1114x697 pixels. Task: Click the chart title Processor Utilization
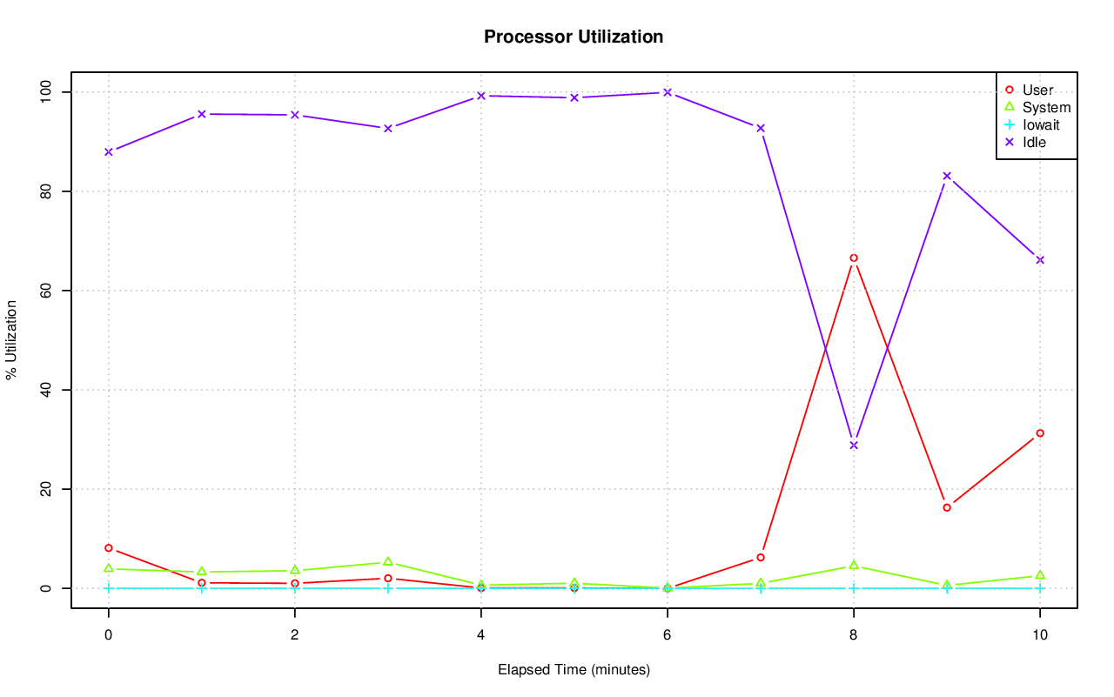[x=574, y=37]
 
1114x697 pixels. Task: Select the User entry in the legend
[x=1037, y=90]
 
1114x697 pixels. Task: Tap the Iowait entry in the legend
[x=1041, y=125]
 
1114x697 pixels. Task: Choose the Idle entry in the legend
[x=1034, y=143]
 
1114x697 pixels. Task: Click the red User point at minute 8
[x=854, y=258]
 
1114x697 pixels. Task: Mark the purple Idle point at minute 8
[x=854, y=446]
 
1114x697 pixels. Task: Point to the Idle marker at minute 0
[x=109, y=152]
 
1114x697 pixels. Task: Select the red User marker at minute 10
[x=1040, y=433]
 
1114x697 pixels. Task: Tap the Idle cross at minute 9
[x=947, y=176]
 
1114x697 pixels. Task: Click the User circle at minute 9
[x=947, y=507]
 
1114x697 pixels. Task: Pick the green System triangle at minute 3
[x=388, y=562]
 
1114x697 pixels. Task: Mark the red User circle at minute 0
[x=109, y=548]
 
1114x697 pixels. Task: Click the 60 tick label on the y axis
[x=47, y=291]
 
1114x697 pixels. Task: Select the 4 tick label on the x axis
[x=481, y=635]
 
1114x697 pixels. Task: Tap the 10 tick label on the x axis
[x=1040, y=635]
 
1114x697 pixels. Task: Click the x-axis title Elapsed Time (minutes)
[x=574, y=670]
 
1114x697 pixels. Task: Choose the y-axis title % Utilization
[x=11, y=340]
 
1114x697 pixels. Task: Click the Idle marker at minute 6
[x=668, y=92]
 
